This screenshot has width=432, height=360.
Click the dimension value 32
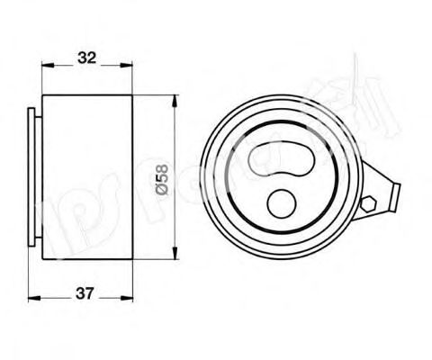coord(86,58)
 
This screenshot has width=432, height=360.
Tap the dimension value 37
coord(86,293)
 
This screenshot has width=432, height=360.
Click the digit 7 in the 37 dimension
coord(92,293)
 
